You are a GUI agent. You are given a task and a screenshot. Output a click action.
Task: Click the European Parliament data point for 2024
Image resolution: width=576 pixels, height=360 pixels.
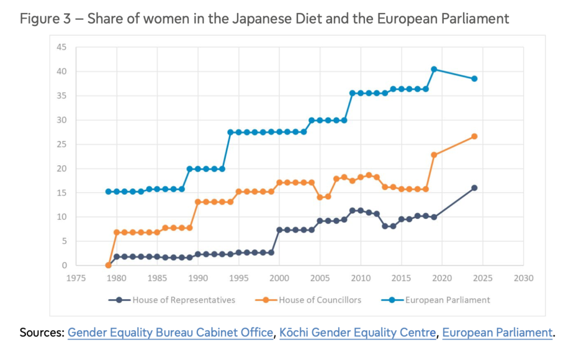[474, 79]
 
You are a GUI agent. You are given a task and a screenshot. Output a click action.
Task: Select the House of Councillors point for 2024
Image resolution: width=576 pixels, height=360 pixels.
[474, 136]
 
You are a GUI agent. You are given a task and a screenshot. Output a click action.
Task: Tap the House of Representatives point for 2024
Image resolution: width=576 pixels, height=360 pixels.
[474, 188]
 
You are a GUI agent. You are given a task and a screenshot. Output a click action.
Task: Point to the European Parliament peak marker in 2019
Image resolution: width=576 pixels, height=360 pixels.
[434, 69]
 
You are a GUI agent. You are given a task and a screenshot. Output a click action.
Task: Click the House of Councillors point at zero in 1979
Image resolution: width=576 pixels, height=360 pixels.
[109, 265]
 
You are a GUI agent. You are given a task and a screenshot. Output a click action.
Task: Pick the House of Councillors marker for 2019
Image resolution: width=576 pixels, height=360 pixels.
[434, 155]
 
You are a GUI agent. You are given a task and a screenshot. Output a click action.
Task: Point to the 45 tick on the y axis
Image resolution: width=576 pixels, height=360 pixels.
[62, 47]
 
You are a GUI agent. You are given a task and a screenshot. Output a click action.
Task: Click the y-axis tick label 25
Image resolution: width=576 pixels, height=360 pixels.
[62, 144]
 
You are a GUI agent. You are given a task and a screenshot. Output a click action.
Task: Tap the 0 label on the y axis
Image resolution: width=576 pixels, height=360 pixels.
[64, 265]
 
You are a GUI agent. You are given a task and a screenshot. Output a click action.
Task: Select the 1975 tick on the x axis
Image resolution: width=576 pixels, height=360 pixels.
[76, 278]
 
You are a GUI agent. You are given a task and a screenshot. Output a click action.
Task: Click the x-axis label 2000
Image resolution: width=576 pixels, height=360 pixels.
[280, 278]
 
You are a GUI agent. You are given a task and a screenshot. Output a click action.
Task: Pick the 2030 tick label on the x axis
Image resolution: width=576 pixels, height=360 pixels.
[523, 278]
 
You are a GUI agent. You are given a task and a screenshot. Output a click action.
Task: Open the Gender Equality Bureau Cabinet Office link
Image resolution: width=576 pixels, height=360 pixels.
[170, 332]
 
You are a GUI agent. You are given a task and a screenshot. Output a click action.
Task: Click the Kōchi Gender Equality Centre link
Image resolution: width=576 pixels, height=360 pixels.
[358, 332]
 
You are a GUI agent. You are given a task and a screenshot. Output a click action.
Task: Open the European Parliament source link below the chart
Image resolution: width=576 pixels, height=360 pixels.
[497, 332]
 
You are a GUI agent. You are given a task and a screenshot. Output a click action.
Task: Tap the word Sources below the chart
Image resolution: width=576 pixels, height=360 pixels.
[41, 332]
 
